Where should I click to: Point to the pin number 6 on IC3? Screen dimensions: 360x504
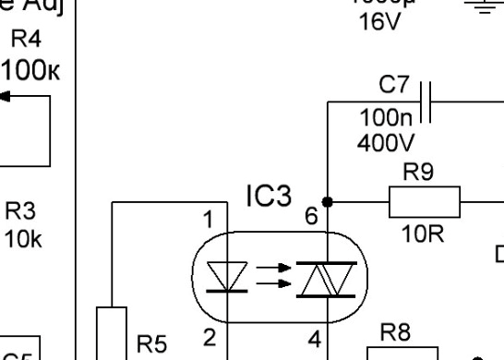click(311, 214)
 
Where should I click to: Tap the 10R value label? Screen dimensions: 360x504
click(419, 234)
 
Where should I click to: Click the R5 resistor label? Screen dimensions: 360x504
click(151, 344)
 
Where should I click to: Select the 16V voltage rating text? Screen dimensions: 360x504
click(381, 19)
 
